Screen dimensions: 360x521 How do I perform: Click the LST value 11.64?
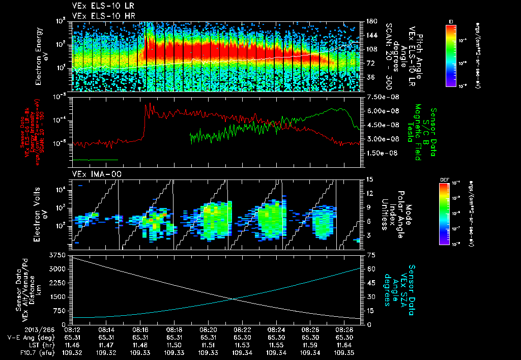click(343, 344)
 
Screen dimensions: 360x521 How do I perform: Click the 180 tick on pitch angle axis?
click(370, 21)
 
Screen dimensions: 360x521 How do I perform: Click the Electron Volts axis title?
click(43, 214)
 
